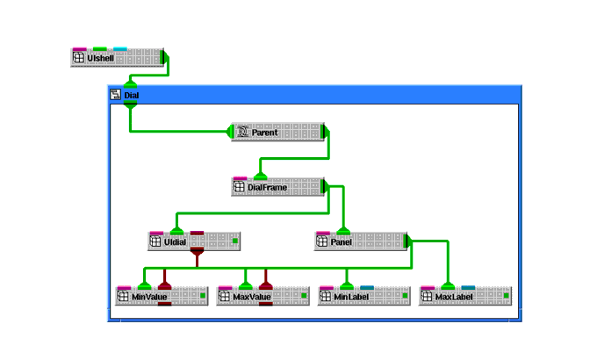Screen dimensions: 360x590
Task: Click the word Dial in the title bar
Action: point(131,95)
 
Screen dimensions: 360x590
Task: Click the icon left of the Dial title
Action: point(115,95)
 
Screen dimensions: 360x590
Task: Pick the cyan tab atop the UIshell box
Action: point(120,49)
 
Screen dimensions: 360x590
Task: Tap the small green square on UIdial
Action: point(234,241)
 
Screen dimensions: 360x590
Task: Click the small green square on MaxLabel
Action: point(506,297)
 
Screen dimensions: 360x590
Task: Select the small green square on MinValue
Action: point(203,297)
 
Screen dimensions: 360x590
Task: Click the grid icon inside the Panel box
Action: point(322,241)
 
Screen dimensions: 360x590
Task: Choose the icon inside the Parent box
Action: point(243,133)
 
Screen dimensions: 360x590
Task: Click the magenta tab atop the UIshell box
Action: point(80,49)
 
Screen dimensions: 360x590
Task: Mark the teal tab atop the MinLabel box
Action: point(367,287)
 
